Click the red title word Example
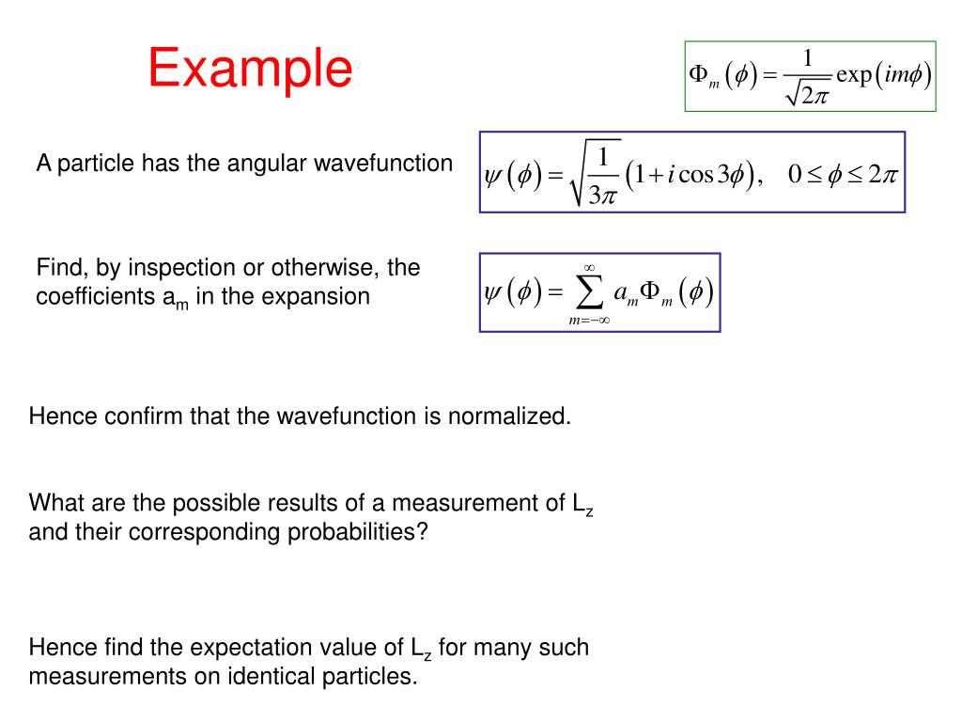250,69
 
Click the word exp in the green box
852,75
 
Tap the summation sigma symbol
589,294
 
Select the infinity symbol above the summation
589,268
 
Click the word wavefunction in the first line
383,164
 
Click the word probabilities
358,532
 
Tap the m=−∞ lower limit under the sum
589,320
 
